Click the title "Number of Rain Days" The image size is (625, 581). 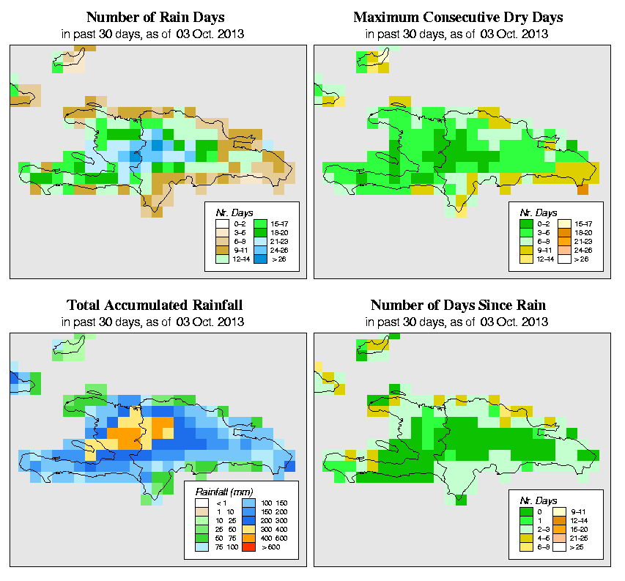click(x=155, y=17)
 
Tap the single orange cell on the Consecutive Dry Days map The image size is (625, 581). click(x=583, y=190)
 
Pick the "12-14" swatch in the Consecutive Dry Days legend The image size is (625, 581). click(x=525, y=259)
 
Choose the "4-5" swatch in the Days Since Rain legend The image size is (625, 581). click(x=525, y=537)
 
